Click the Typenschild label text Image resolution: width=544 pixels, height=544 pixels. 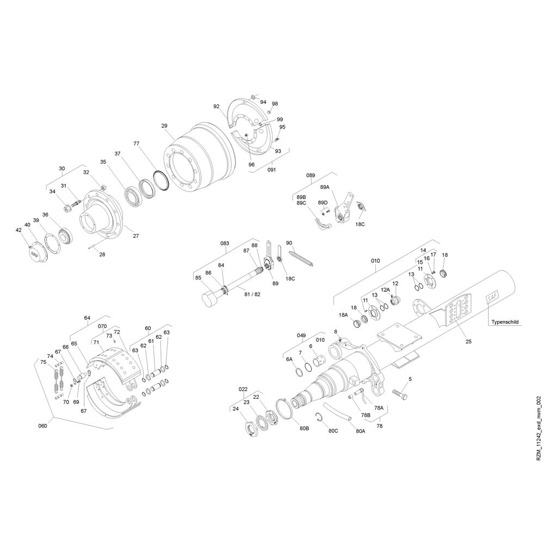(x=505, y=322)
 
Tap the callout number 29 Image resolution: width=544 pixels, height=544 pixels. (x=164, y=126)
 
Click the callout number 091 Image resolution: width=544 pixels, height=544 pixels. (x=271, y=170)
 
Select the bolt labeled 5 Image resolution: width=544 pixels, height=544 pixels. (x=400, y=394)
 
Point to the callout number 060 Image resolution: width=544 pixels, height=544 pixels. (x=42, y=426)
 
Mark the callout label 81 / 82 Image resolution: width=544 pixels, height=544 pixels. (x=252, y=294)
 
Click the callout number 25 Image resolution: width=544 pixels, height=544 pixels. (x=468, y=342)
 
